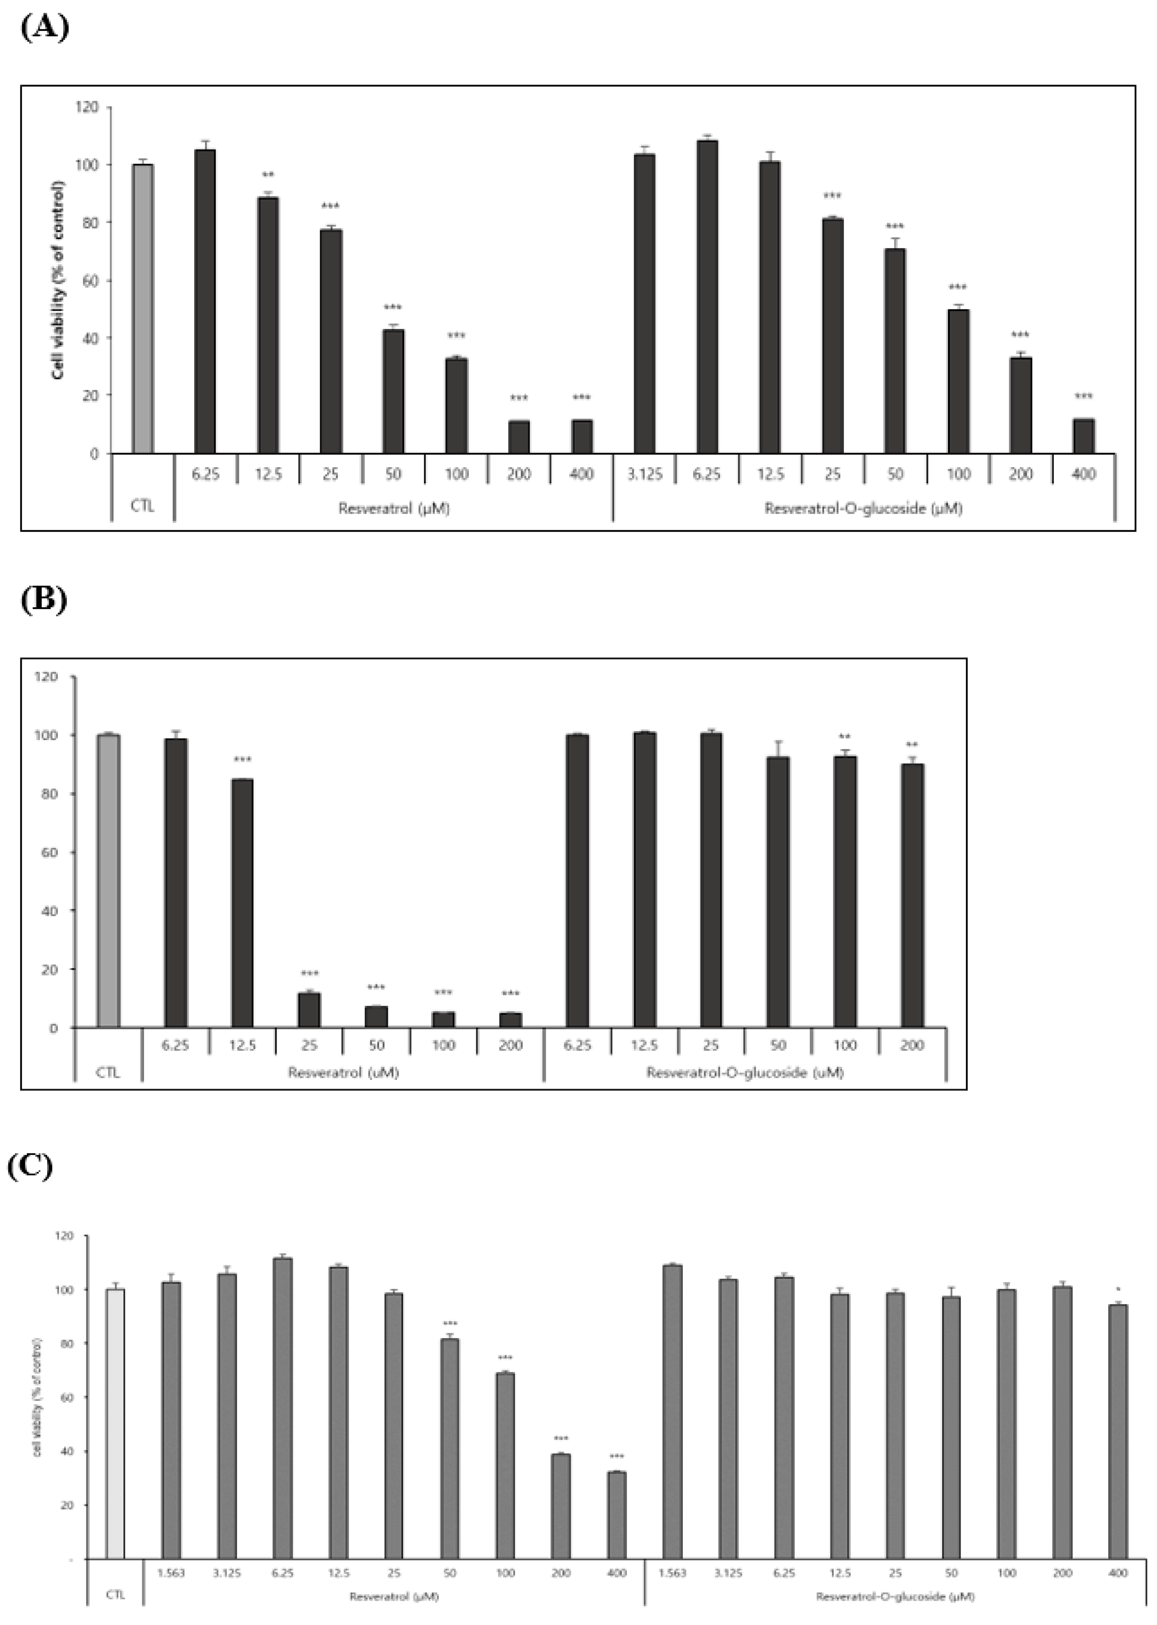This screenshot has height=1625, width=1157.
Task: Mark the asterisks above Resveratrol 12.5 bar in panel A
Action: point(268,175)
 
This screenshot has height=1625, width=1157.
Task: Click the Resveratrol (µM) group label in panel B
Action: point(343,1072)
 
